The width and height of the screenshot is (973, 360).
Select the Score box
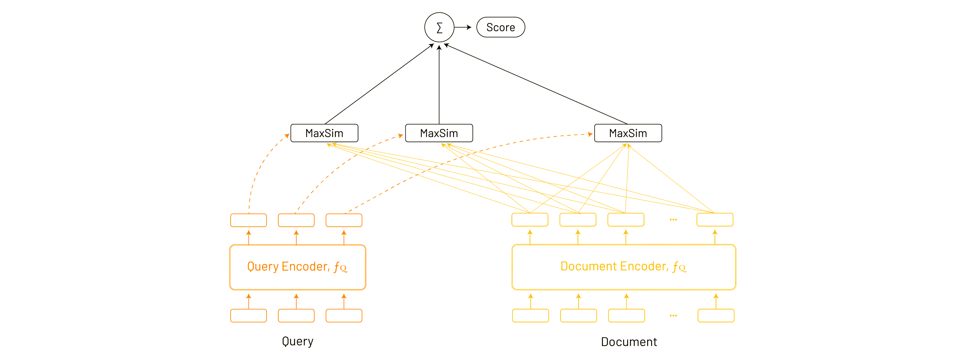click(500, 27)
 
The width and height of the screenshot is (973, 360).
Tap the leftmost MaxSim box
click(324, 133)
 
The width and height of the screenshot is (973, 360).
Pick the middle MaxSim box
click(439, 133)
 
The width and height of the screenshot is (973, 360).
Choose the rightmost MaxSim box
click(628, 133)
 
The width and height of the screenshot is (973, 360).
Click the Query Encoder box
click(298, 267)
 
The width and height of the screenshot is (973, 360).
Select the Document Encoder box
click(623, 267)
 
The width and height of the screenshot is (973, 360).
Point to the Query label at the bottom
click(298, 341)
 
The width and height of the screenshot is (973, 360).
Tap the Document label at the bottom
click(629, 342)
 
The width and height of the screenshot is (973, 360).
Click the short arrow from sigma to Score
click(463, 27)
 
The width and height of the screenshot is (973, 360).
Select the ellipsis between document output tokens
click(673, 219)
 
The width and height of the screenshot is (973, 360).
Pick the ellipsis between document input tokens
click(673, 315)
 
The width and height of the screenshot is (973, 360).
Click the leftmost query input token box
click(249, 315)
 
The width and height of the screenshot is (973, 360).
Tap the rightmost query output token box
click(344, 220)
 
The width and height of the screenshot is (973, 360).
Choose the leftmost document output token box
click(530, 219)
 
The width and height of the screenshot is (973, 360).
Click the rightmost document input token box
click(716, 315)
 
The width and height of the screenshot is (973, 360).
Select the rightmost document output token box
click(715, 219)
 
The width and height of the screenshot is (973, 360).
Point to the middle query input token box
click(296, 315)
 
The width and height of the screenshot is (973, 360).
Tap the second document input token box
click(578, 315)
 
